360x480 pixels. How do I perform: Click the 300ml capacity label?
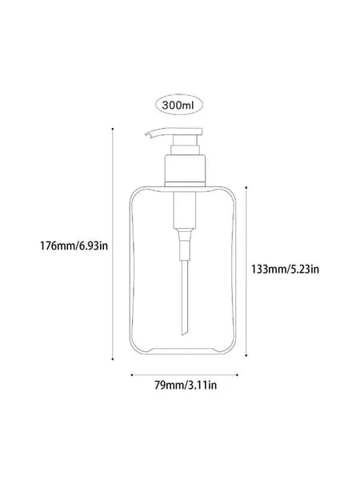click(x=178, y=105)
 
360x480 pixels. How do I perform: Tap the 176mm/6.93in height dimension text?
click(x=74, y=246)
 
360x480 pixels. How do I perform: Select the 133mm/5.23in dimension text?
click(x=286, y=269)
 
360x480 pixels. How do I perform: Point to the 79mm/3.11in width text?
click(x=186, y=385)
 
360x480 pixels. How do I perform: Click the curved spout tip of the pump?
click(x=147, y=134)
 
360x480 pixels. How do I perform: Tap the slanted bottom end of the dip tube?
click(x=184, y=331)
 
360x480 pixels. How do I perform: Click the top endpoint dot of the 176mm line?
click(x=113, y=129)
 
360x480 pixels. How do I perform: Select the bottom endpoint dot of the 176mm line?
click(x=113, y=359)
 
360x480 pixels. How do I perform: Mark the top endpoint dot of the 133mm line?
click(x=246, y=187)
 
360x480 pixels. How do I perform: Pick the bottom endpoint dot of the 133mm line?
click(x=246, y=355)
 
